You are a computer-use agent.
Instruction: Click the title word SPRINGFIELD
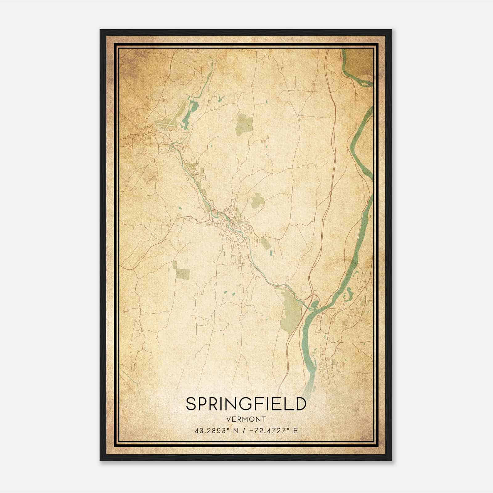click(246, 404)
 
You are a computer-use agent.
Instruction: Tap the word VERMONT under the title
click(246, 419)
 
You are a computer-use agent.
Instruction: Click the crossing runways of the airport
click(165, 123)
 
